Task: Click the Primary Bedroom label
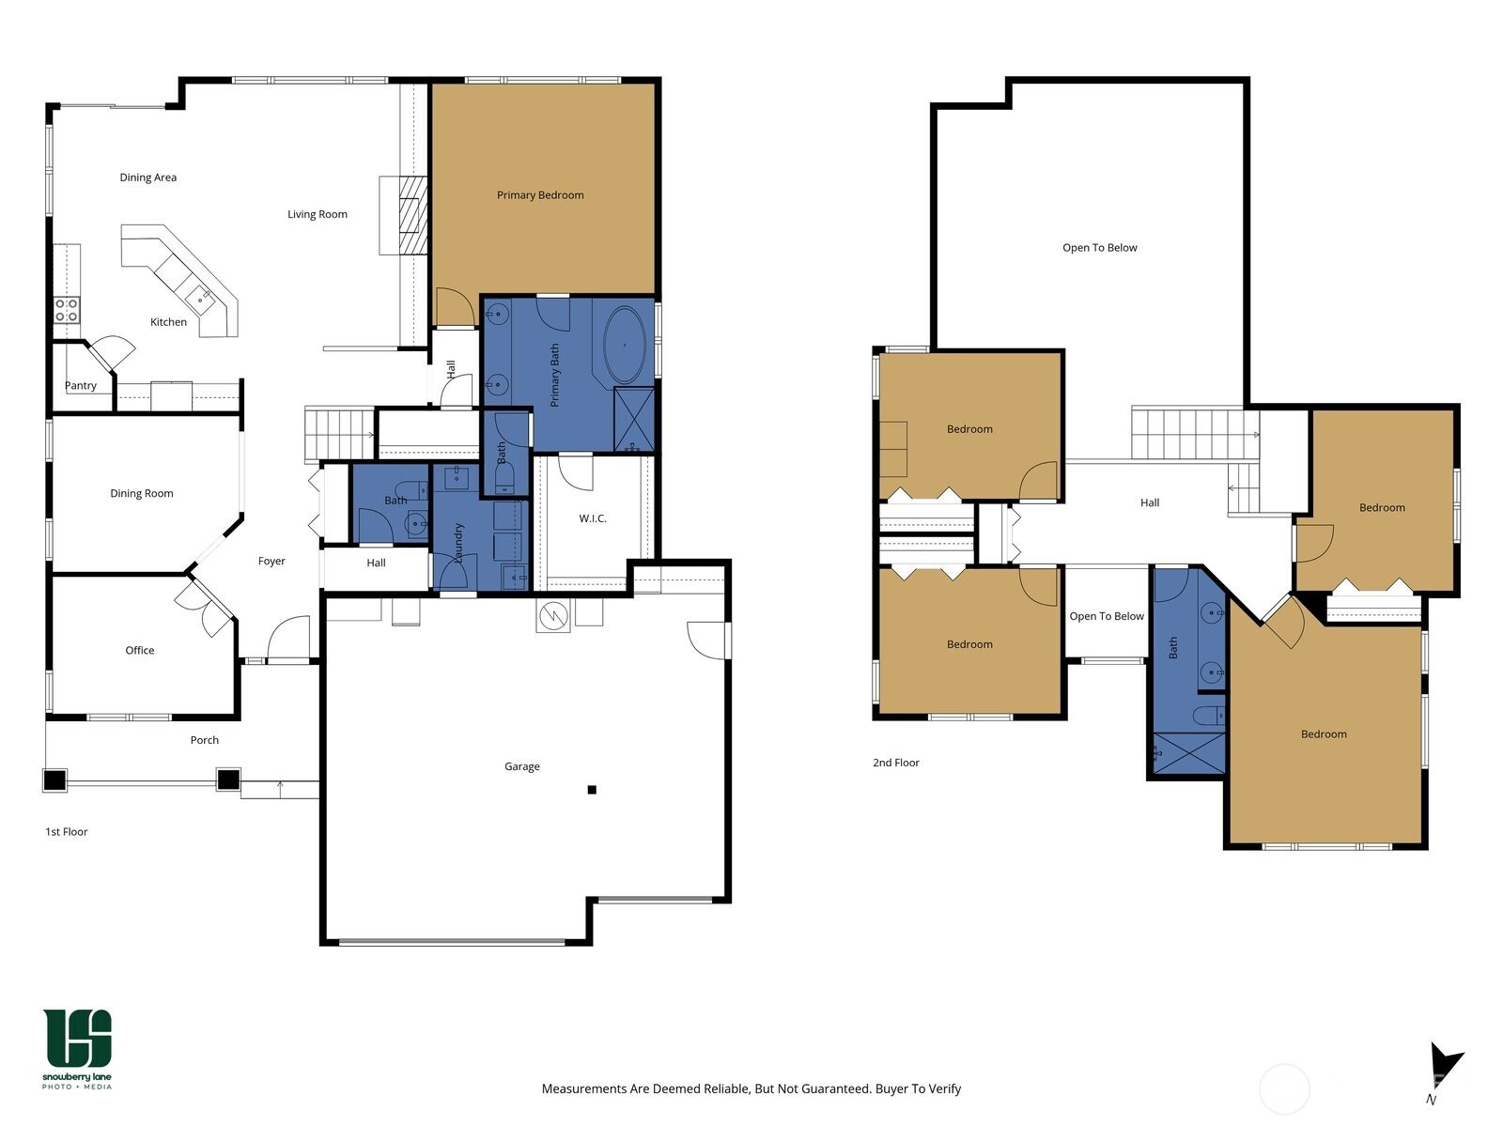click(x=540, y=195)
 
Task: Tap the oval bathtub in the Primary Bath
click(x=625, y=344)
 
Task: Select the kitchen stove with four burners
click(x=67, y=310)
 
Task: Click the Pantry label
click(x=81, y=385)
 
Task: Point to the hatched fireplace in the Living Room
click(x=412, y=216)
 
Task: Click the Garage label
click(x=521, y=766)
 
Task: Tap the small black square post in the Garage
click(x=592, y=790)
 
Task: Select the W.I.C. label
click(x=593, y=518)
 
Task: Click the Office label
click(x=140, y=650)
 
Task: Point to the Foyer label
click(x=271, y=561)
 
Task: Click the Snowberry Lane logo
click(x=77, y=1049)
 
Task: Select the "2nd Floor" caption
click(x=895, y=763)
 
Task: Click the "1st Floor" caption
click(x=67, y=831)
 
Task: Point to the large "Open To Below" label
click(x=1100, y=248)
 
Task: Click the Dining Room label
click(x=142, y=493)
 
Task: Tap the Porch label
click(x=205, y=740)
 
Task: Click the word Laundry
click(x=458, y=544)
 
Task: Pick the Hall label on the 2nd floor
click(x=1150, y=503)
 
